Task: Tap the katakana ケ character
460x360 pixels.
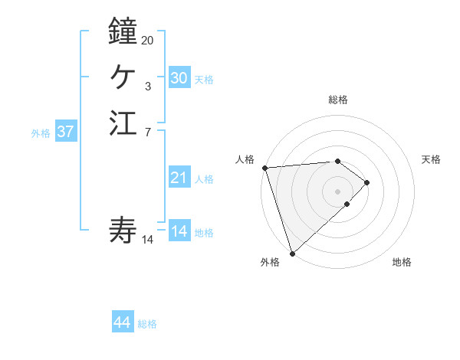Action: [x=123, y=77]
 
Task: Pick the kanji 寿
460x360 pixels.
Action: [x=123, y=229]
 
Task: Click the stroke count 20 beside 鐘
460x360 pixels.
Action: [x=147, y=40]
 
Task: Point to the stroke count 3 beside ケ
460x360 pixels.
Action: [x=147, y=87]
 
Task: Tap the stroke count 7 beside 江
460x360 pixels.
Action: [x=147, y=132]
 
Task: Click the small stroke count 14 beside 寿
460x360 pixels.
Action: [x=147, y=240]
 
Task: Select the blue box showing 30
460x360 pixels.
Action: [x=179, y=78]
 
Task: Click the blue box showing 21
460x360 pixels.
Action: [x=179, y=178]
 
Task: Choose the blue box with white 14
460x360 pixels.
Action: [x=179, y=231]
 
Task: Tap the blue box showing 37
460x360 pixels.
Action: [x=66, y=132]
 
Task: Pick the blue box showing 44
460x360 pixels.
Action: [x=123, y=323]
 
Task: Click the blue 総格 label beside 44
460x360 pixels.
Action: [x=147, y=324]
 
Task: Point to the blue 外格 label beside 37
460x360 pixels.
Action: [x=41, y=133]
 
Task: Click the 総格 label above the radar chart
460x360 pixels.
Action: [x=337, y=100]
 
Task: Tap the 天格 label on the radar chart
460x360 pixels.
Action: [x=431, y=159]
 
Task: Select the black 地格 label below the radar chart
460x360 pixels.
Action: [x=402, y=262]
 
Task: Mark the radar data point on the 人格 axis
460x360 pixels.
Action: [x=264, y=168]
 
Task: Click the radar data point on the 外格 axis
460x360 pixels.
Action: [x=292, y=252]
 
